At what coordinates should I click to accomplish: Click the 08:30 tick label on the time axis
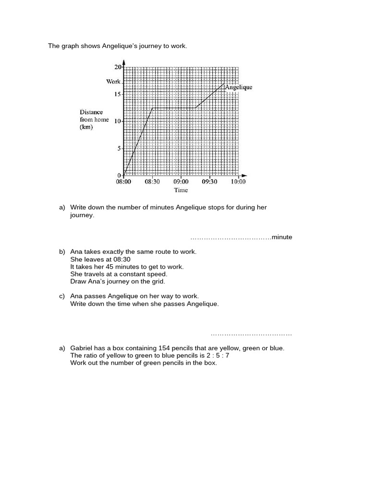152,182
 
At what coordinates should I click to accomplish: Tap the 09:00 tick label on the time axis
181,182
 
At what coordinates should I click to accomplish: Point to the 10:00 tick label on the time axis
238,182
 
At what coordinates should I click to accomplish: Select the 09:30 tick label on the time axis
209,182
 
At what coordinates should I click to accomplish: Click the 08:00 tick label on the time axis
123,182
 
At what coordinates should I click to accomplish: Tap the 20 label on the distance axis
118,67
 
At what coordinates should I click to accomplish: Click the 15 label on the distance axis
118,94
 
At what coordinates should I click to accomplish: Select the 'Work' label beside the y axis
113,82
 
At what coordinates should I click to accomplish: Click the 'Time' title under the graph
181,190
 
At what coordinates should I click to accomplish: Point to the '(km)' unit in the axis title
86,127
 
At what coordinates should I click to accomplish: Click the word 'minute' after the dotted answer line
282,237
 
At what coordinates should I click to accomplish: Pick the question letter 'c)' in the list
62,296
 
